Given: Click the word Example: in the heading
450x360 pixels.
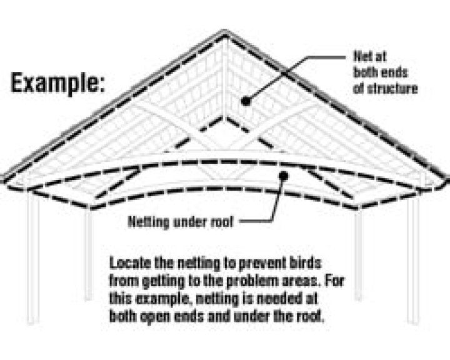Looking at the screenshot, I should [57, 83].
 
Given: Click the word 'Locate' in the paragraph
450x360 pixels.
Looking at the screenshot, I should [129, 261].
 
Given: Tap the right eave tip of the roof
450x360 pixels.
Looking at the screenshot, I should [445, 179].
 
